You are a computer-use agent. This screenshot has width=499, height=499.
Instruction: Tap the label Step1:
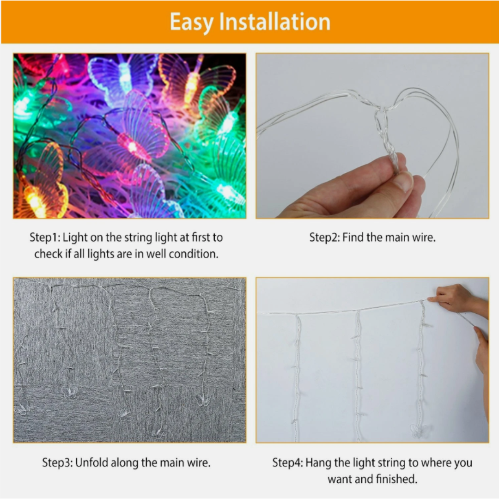point(45,238)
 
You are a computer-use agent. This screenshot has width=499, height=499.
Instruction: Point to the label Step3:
point(57,462)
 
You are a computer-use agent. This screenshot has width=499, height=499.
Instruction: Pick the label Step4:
point(287,462)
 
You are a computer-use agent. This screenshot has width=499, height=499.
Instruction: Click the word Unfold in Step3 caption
point(92,462)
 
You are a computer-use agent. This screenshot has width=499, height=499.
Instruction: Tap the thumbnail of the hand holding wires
point(372,136)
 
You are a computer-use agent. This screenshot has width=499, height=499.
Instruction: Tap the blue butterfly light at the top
point(121,76)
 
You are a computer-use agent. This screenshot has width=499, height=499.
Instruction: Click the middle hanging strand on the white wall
point(357,374)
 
